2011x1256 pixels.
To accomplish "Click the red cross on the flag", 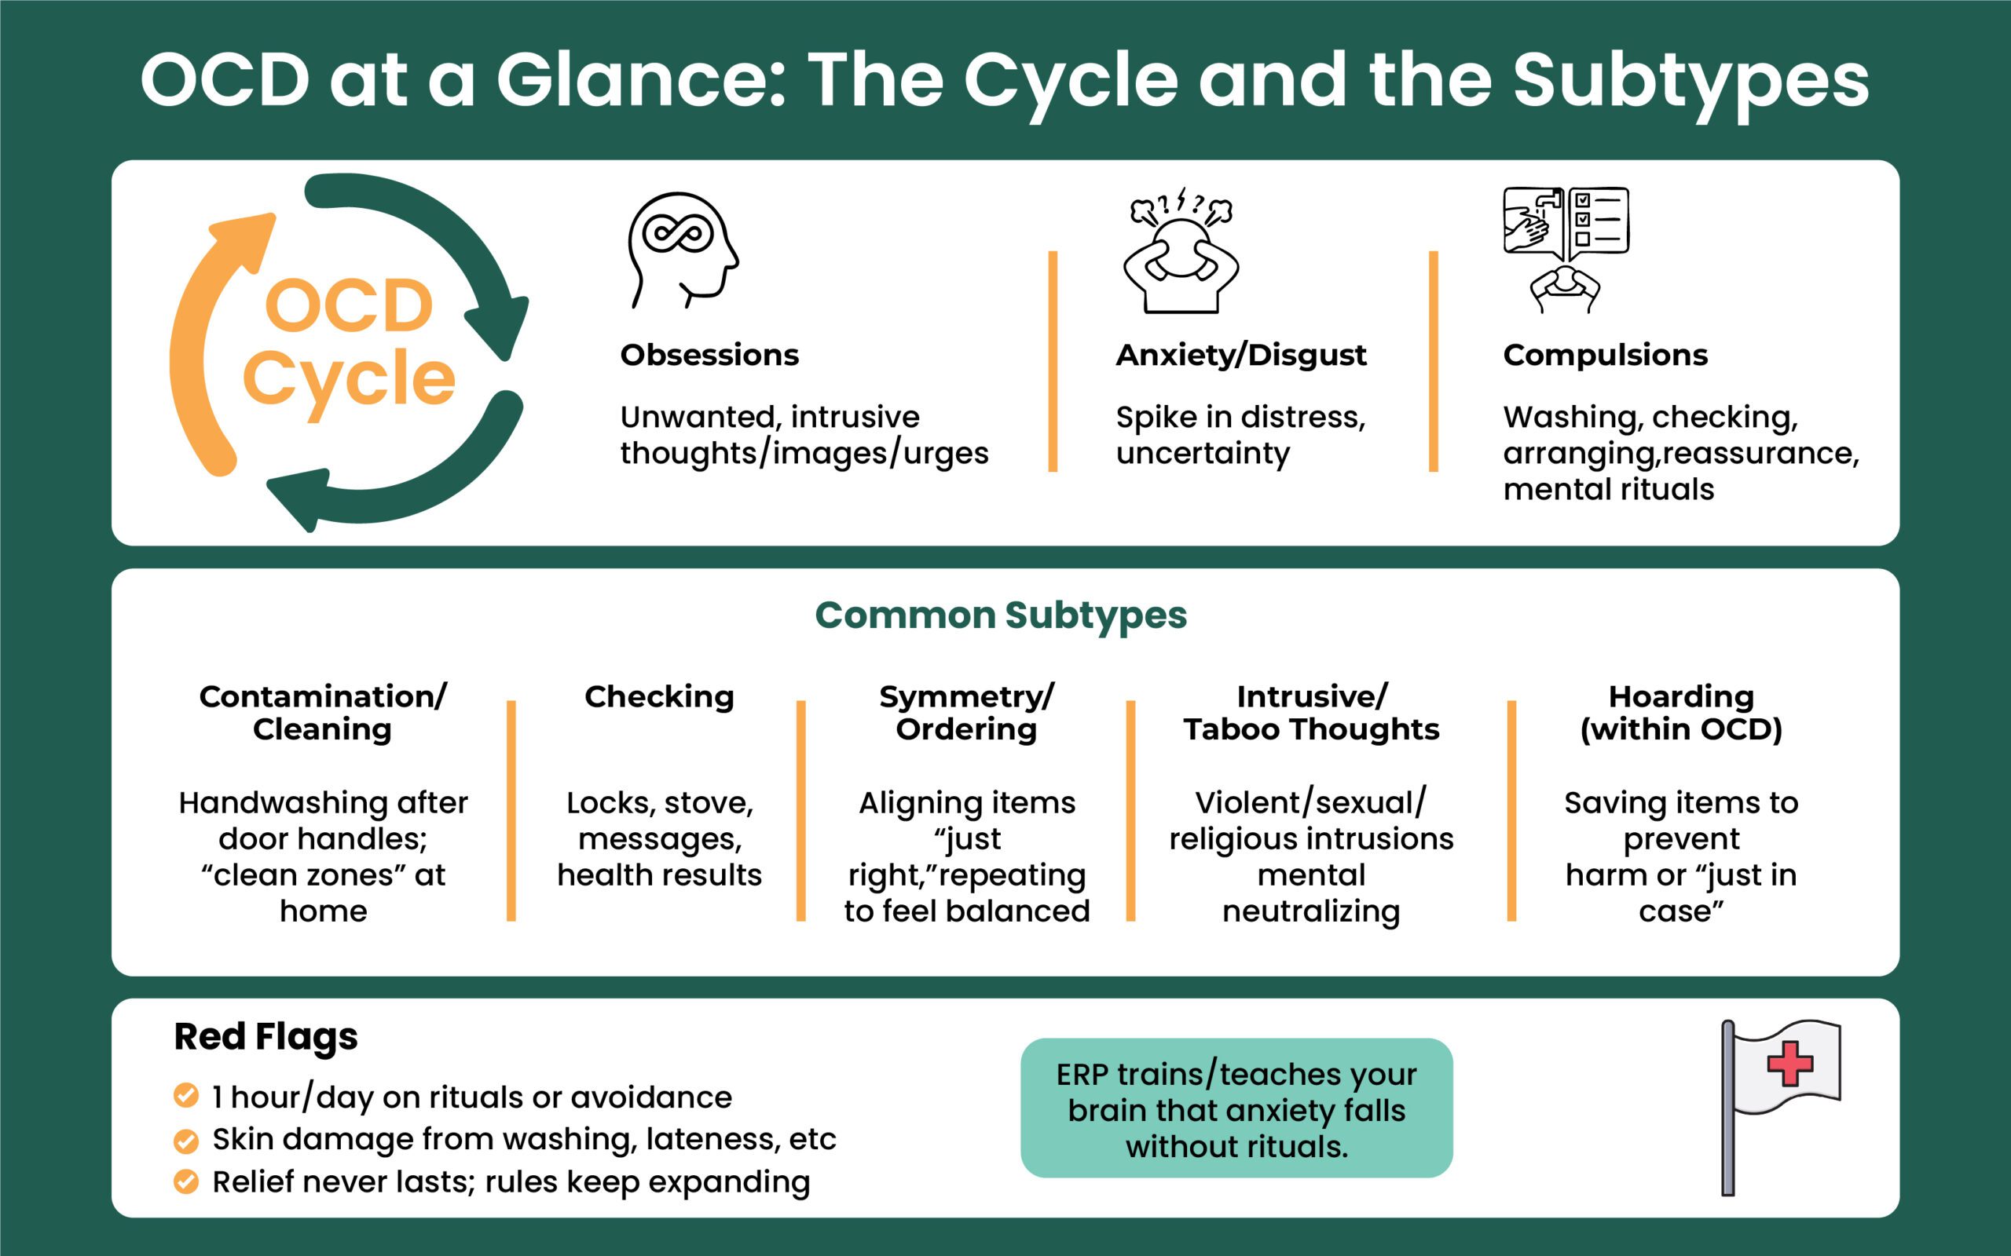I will click(1790, 1062).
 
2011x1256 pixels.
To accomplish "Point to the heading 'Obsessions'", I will click(709, 355).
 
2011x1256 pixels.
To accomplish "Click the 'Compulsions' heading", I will click(1605, 355).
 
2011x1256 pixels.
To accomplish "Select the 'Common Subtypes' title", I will click(1001, 615).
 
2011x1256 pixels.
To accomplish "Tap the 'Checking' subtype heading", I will click(659, 696).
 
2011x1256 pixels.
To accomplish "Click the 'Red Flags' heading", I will click(266, 1036).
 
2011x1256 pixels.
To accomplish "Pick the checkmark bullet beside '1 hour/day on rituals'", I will click(186, 1096).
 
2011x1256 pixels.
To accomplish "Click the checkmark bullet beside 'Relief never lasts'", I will click(186, 1181).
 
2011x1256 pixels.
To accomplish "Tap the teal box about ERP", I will click(1236, 1108).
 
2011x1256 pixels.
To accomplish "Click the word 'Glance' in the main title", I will click(641, 81).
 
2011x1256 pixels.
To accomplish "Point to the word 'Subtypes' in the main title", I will click(1690, 81).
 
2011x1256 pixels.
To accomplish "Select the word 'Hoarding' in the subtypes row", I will click(1681, 696).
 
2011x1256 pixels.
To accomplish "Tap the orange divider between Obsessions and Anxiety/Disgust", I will click(1053, 361).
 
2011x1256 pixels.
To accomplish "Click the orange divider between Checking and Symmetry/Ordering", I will click(801, 810).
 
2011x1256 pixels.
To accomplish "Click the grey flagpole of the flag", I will click(1727, 1109).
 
